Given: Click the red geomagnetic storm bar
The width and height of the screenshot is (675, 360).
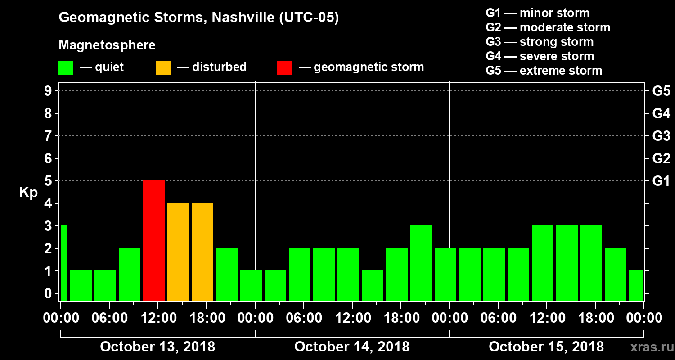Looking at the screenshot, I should click(x=154, y=240).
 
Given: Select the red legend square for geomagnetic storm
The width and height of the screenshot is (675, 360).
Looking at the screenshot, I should click(x=284, y=68).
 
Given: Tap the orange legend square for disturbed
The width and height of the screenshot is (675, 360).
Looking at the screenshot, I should click(x=163, y=68).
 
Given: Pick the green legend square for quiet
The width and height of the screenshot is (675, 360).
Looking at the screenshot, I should click(x=66, y=68).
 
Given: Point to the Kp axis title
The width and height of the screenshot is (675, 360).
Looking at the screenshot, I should click(x=28, y=192).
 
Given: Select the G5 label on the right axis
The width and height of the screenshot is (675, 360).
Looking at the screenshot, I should click(x=661, y=91).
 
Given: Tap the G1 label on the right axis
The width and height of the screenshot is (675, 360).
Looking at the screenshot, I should click(x=661, y=181).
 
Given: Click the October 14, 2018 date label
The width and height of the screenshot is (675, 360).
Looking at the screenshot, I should click(x=352, y=346).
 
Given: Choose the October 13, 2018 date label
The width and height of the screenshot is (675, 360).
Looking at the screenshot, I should click(x=157, y=346).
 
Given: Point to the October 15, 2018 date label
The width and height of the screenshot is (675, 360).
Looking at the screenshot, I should click(x=546, y=346).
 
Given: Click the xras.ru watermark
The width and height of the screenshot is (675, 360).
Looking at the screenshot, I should click(x=648, y=347).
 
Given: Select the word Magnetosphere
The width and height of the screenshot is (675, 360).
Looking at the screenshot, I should click(x=107, y=45).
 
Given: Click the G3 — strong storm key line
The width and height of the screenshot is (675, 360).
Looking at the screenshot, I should click(x=540, y=42).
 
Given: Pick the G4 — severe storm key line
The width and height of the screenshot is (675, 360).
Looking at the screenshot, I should click(x=540, y=56).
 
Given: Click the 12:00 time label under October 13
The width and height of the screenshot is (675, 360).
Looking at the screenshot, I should click(x=158, y=318).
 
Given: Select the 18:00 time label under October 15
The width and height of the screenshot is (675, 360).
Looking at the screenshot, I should click(x=595, y=318).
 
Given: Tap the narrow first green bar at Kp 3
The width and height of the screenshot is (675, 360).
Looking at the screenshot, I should click(x=64, y=263).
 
